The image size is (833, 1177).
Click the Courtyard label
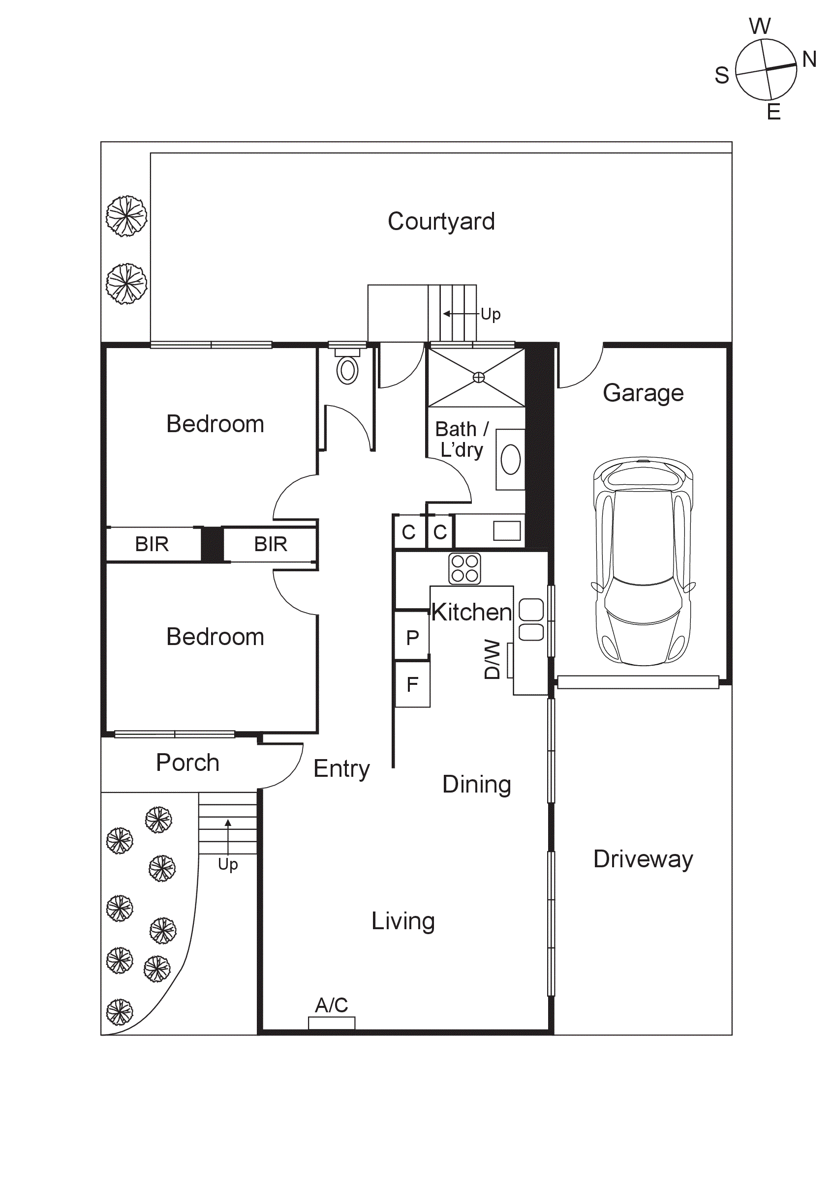click(x=441, y=221)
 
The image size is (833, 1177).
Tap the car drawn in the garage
click(x=643, y=561)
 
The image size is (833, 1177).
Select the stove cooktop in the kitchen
click(x=464, y=568)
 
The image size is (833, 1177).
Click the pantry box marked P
click(x=412, y=638)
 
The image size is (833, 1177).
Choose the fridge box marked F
click(x=412, y=684)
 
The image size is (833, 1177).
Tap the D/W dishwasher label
click(x=492, y=659)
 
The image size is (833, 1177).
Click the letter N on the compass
click(x=809, y=59)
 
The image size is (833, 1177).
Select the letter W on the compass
click(x=760, y=26)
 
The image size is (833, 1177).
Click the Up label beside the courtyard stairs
click(x=491, y=314)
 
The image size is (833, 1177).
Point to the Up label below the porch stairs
click(x=228, y=864)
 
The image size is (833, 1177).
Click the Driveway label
click(x=643, y=858)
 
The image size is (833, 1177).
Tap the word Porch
click(x=188, y=762)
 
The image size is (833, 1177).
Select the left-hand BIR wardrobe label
click(x=152, y=544)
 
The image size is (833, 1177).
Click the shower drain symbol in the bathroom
click(x=478, y=377)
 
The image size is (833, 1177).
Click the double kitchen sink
click(x=531, y=620)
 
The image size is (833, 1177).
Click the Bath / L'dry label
click(x=462, y=440)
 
